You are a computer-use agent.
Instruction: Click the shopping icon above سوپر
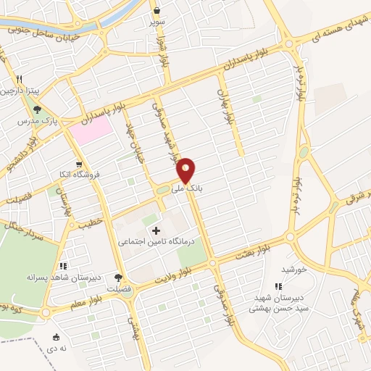(x=157, y=10)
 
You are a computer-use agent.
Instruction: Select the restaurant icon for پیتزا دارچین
(x=20, y=79)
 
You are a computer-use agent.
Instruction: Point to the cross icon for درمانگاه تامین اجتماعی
(x=156, y=230)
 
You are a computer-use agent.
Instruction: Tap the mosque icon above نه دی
(x=57, y=336)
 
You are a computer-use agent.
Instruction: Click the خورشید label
(x=295, y=269)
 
